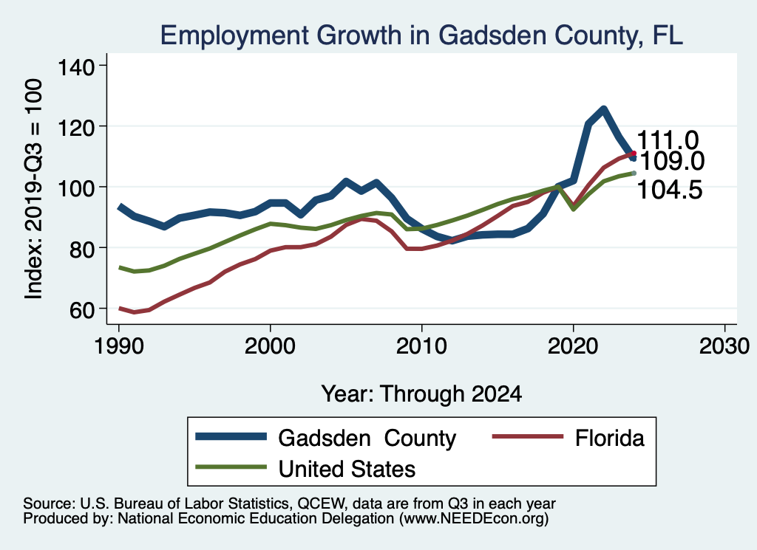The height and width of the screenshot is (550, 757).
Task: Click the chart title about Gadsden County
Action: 422,35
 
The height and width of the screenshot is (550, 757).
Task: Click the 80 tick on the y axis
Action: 81,248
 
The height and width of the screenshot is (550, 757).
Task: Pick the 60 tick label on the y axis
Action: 81,309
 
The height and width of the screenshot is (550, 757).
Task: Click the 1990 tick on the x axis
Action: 118,346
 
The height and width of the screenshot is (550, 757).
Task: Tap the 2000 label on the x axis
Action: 270,346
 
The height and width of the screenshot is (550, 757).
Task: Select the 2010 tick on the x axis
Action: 421,346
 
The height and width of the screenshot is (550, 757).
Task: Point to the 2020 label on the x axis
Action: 573,346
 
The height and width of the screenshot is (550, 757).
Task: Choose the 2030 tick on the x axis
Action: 724,346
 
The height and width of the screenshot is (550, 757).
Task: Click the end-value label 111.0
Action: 668,140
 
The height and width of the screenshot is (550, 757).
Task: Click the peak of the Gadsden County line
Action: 603,110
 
